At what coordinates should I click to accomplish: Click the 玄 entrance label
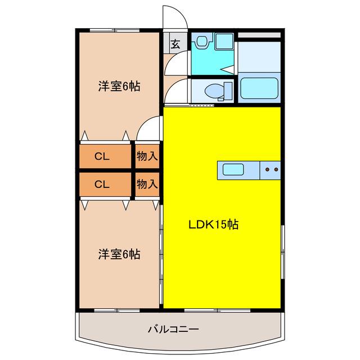[x=175, y=44]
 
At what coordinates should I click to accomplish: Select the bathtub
[x=259, y=88]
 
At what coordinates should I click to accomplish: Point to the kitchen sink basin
[x=233, y=169]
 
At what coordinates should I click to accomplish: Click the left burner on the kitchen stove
[x=267, y=170]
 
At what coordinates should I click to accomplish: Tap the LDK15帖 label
[x=214, y=224]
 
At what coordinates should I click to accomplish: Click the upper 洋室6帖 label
[x=119, y=86]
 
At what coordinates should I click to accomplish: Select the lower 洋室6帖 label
[x=119, y=254]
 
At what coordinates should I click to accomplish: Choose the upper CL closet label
[x=102, y=156]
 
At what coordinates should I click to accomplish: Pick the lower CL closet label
[x=102, y=184]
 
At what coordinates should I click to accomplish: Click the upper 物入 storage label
[x=147, y=156]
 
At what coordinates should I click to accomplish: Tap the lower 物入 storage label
[x=147, y=184]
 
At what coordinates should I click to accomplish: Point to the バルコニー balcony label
[x=173, y=330]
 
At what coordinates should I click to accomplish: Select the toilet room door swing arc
[x=172, y=84]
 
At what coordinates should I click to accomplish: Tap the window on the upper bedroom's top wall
[x=114, y=30]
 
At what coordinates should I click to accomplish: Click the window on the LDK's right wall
[x=283, y=252]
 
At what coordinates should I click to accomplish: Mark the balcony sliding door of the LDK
[x=217, y=310]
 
